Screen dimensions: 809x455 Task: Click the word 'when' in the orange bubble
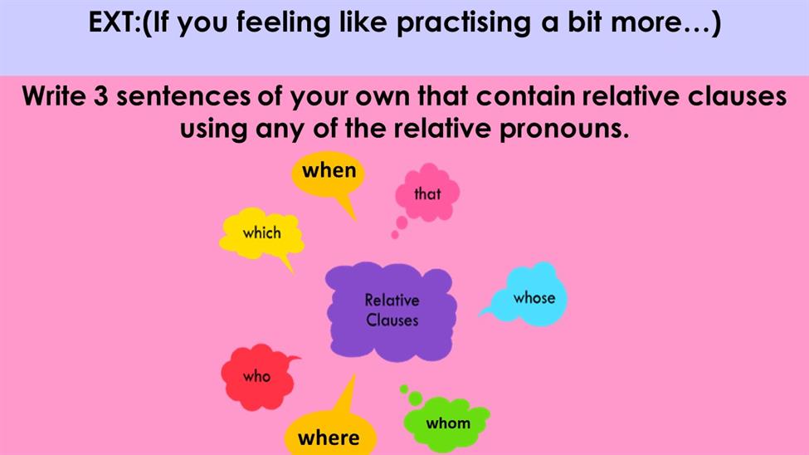point(329,170)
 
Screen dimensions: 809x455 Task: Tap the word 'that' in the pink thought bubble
point(427,193)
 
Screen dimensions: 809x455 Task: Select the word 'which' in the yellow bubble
point(262,233)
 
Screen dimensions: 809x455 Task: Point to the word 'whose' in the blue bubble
point(534,297)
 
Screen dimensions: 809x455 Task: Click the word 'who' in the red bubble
point(257,376)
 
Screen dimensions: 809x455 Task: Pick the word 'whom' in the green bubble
point(448,423)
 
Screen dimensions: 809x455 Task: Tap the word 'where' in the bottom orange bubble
point(329,438)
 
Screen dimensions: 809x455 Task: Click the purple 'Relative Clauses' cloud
point(391,311)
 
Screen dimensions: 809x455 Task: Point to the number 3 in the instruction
point(100,96)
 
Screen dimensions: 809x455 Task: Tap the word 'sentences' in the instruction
point(183,96)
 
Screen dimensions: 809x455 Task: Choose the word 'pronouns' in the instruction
point(565,130)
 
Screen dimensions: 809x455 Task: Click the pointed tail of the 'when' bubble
point(355,220)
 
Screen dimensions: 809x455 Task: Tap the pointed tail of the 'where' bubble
point(354,376)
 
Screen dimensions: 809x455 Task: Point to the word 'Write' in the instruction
point(54,96)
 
